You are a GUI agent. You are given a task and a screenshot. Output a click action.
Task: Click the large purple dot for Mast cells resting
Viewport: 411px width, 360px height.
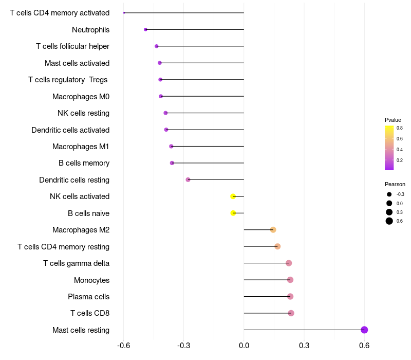tap(364, 330)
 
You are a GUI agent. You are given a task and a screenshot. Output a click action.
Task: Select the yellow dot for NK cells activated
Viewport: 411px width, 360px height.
tap(233, 196)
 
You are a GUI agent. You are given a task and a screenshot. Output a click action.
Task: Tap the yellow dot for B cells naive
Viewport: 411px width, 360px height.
tap(233, 213)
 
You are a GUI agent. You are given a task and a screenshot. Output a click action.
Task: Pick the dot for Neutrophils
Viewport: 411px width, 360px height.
tap(146, 30)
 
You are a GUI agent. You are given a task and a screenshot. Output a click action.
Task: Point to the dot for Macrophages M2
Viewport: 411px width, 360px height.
tap(273, 230)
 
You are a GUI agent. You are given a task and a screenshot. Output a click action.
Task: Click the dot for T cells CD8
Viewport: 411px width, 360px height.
tap(291, 313)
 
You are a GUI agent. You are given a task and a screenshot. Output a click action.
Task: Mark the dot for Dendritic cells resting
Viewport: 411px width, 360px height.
tap(188, 179)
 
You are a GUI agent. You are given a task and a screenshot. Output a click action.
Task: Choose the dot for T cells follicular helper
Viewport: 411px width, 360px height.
tap(157, 46)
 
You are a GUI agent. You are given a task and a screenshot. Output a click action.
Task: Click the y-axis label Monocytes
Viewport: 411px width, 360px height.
tap(91, 280)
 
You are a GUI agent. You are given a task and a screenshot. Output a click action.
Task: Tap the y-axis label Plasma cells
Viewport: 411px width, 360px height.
tap(88, 297)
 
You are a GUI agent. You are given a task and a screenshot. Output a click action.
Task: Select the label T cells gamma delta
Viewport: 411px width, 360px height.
tap(76, 263)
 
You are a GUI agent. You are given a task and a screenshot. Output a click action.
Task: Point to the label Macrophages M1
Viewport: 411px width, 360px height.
tap(81, 147)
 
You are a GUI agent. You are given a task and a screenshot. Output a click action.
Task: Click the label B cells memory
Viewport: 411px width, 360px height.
tap(84, 163)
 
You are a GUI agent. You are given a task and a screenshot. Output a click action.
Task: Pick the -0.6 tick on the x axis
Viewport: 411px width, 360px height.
tap(123, 345)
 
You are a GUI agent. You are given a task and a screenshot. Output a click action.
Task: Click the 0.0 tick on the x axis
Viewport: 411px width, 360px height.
tap(244, 345)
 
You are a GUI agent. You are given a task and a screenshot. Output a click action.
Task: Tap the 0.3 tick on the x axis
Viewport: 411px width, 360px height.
tap(304, 345)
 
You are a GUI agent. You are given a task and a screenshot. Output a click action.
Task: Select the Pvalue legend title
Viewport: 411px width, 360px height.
tap(393, 120)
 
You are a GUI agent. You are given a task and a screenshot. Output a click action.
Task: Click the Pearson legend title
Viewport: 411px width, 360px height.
tap(395, 184)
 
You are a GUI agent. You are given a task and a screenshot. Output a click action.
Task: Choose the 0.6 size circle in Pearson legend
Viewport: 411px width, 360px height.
tap(389, 221)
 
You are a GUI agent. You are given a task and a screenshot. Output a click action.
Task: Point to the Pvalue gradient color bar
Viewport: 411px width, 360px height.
tap(389, 148)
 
